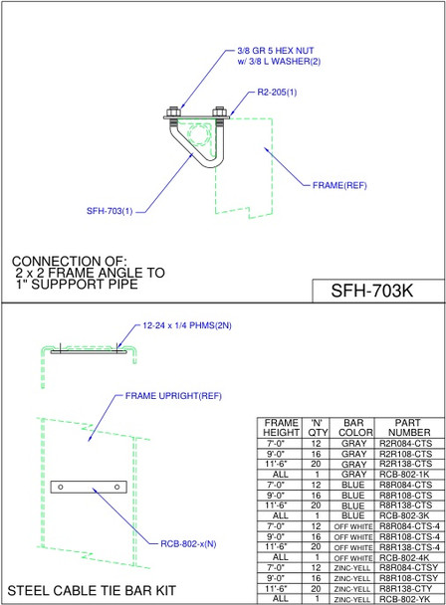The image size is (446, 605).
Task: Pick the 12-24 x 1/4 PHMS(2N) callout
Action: (x=187, y=325)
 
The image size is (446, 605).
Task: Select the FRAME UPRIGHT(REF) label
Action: (x=172, y=395)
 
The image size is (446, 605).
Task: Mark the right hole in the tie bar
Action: (x=117, y=487)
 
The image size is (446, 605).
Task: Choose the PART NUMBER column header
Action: (x=409, y=427)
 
